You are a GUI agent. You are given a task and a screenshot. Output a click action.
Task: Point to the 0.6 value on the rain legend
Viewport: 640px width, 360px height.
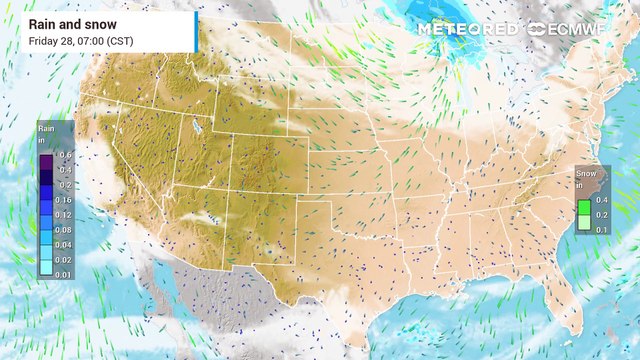[65, 155]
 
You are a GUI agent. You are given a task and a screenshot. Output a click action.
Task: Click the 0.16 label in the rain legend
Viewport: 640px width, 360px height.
[65, 200]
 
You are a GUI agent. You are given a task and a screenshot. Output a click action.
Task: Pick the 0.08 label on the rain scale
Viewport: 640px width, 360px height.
[65, 229]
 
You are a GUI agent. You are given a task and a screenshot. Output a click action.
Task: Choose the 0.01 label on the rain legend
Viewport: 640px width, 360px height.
[65, 273]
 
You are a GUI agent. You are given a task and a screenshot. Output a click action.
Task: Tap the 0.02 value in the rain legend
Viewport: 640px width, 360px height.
[65, 258]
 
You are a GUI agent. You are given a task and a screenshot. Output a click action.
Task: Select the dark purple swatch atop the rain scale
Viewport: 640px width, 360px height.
[47, 155]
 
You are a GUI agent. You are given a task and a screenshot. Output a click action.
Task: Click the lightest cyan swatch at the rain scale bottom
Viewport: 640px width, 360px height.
[47, 273]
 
